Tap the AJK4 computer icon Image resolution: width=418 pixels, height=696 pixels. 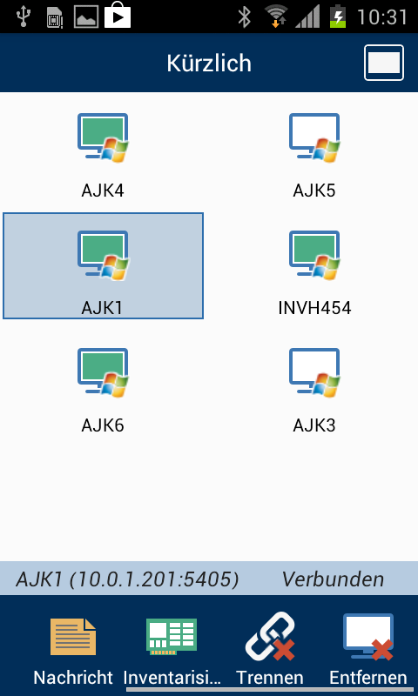pyautogui.click(x=103, y=138)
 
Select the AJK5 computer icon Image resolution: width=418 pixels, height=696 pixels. pyautogui.click(x=314, y=138)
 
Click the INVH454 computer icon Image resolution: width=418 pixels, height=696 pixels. pyautogui.click(x=314, y=255)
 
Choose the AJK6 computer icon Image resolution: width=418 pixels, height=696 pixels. pyautogui.click(x=103, y=373)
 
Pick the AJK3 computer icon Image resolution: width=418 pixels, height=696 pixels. pyautogui.click(x=314, y=373)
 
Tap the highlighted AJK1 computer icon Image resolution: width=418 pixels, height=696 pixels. pyautogui.click(x=103, y=255)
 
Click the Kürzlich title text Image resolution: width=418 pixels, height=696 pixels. pyautogui.click(x=209, y=63)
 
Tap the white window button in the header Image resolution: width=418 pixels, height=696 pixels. pyautogui.click(x=384, y=63)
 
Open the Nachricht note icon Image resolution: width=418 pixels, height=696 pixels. pyautogui.click(x=73, y=637)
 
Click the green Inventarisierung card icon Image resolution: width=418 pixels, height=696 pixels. pyautogui.click(x=172, y=637)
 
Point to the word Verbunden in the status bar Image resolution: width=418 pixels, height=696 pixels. pyautogui.click(x=333, y=579)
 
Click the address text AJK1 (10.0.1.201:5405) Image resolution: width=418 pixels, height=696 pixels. pyautogui.click(x=127, y=579)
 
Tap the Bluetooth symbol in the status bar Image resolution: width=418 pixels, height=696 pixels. pyautogui.click(x=244, y=17)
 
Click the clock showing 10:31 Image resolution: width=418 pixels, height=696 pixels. pyautogui.click(x=382, y=17)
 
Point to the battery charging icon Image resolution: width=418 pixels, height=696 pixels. pyautogui.click(x=338, y=17)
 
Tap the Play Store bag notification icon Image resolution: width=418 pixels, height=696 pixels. pyautogui.click(x=118, y=17)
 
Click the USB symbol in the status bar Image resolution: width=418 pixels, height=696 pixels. pyautogui.click(x=23, y=17)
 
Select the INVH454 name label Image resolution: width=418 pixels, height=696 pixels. pyautogui.click(x=314, y=308)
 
